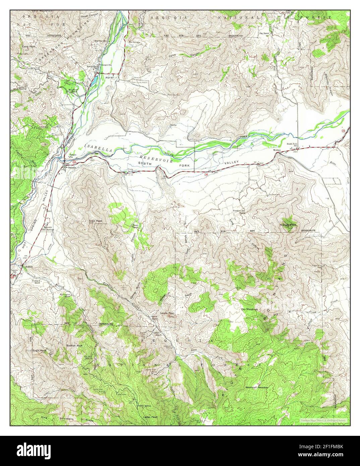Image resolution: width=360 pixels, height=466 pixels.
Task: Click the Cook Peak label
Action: (95, 221)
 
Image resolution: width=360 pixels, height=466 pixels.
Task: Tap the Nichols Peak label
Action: (288, 225)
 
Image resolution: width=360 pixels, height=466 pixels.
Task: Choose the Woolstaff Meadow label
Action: (257, 388)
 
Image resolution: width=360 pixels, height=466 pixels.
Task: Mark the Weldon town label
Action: (277, 150)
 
